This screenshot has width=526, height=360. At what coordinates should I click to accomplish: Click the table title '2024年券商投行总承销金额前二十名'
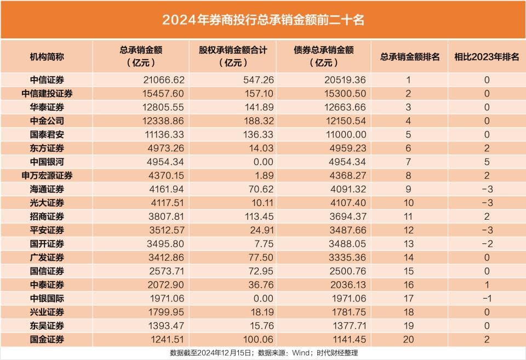click(x=263, y=20)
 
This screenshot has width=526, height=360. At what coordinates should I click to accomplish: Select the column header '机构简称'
click(x=47, y=56)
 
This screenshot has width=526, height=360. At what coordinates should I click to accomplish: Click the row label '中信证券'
click(x=47, y=80)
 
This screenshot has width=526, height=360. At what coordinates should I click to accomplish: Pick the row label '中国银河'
click(x=47, y=162)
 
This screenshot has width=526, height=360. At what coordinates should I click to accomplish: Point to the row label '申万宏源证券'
click(x=47, y=175)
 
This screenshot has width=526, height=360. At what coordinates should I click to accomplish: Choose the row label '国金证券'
click(x=47, y=339)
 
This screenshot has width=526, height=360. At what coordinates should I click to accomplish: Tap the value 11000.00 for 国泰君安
click(x=345, y=134)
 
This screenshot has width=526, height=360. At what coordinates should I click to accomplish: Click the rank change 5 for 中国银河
click(x=487, y=162)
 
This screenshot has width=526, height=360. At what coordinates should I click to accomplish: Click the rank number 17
click(x=408, y=298)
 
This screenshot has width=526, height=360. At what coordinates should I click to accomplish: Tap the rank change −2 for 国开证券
click(x=484, y=244)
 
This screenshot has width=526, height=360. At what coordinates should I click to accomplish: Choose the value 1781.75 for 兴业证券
click(x=347, y=312)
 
